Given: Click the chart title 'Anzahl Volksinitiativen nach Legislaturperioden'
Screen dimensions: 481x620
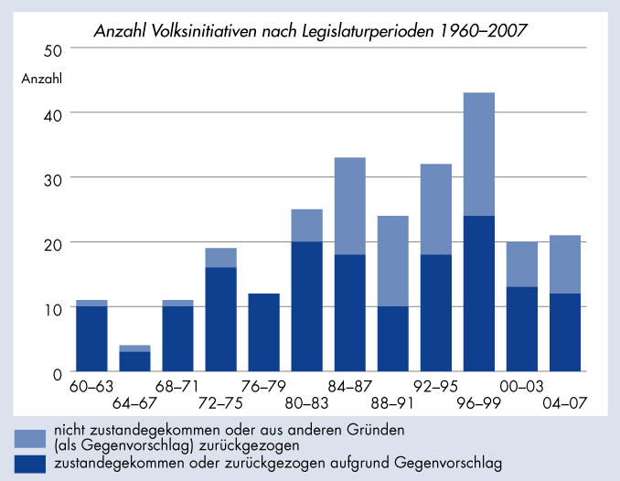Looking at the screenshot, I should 311,32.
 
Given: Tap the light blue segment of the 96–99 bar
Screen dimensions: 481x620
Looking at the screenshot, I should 479,154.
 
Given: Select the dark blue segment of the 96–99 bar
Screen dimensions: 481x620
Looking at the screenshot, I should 479,294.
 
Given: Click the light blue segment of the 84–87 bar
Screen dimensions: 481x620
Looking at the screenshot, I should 349,206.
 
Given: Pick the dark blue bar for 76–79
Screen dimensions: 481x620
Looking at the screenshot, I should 263,332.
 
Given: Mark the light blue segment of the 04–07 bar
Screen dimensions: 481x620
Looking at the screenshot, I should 565,264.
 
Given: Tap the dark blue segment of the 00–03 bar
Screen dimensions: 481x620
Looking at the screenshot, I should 522,329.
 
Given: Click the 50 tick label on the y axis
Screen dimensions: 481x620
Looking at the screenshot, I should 52,48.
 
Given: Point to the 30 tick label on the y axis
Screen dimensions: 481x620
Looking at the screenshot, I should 52,178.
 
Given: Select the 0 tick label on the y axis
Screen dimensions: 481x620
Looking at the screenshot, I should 57,373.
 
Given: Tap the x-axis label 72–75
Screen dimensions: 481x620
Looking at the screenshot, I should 220,403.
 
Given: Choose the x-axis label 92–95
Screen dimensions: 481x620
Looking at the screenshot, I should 435,387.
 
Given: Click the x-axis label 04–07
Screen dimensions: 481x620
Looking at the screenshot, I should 565,403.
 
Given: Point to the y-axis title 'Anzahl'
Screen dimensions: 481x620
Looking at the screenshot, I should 41,78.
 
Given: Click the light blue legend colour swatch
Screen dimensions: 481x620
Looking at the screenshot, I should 30,435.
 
